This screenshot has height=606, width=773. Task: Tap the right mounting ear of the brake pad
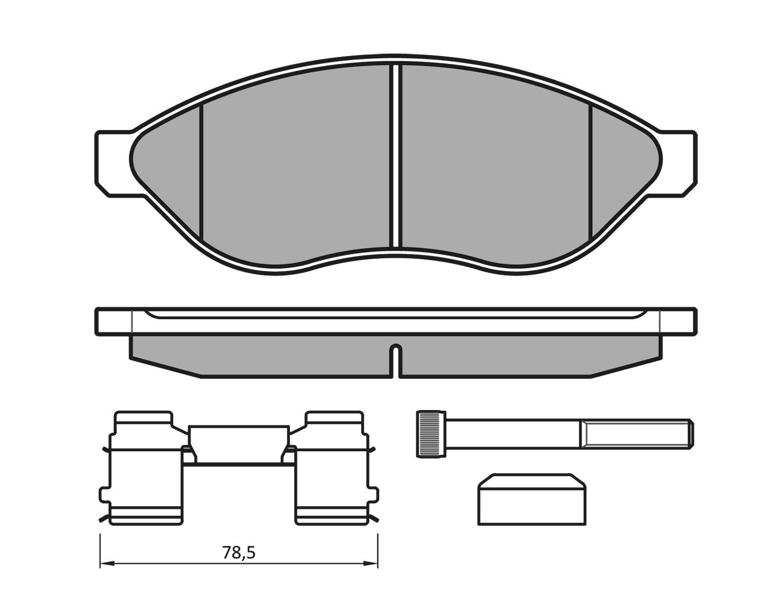point(676,164)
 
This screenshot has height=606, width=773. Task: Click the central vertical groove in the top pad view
point(396,156)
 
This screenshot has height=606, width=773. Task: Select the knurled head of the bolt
point(431,434)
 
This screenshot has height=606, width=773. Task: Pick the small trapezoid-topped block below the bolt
point(532,499)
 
